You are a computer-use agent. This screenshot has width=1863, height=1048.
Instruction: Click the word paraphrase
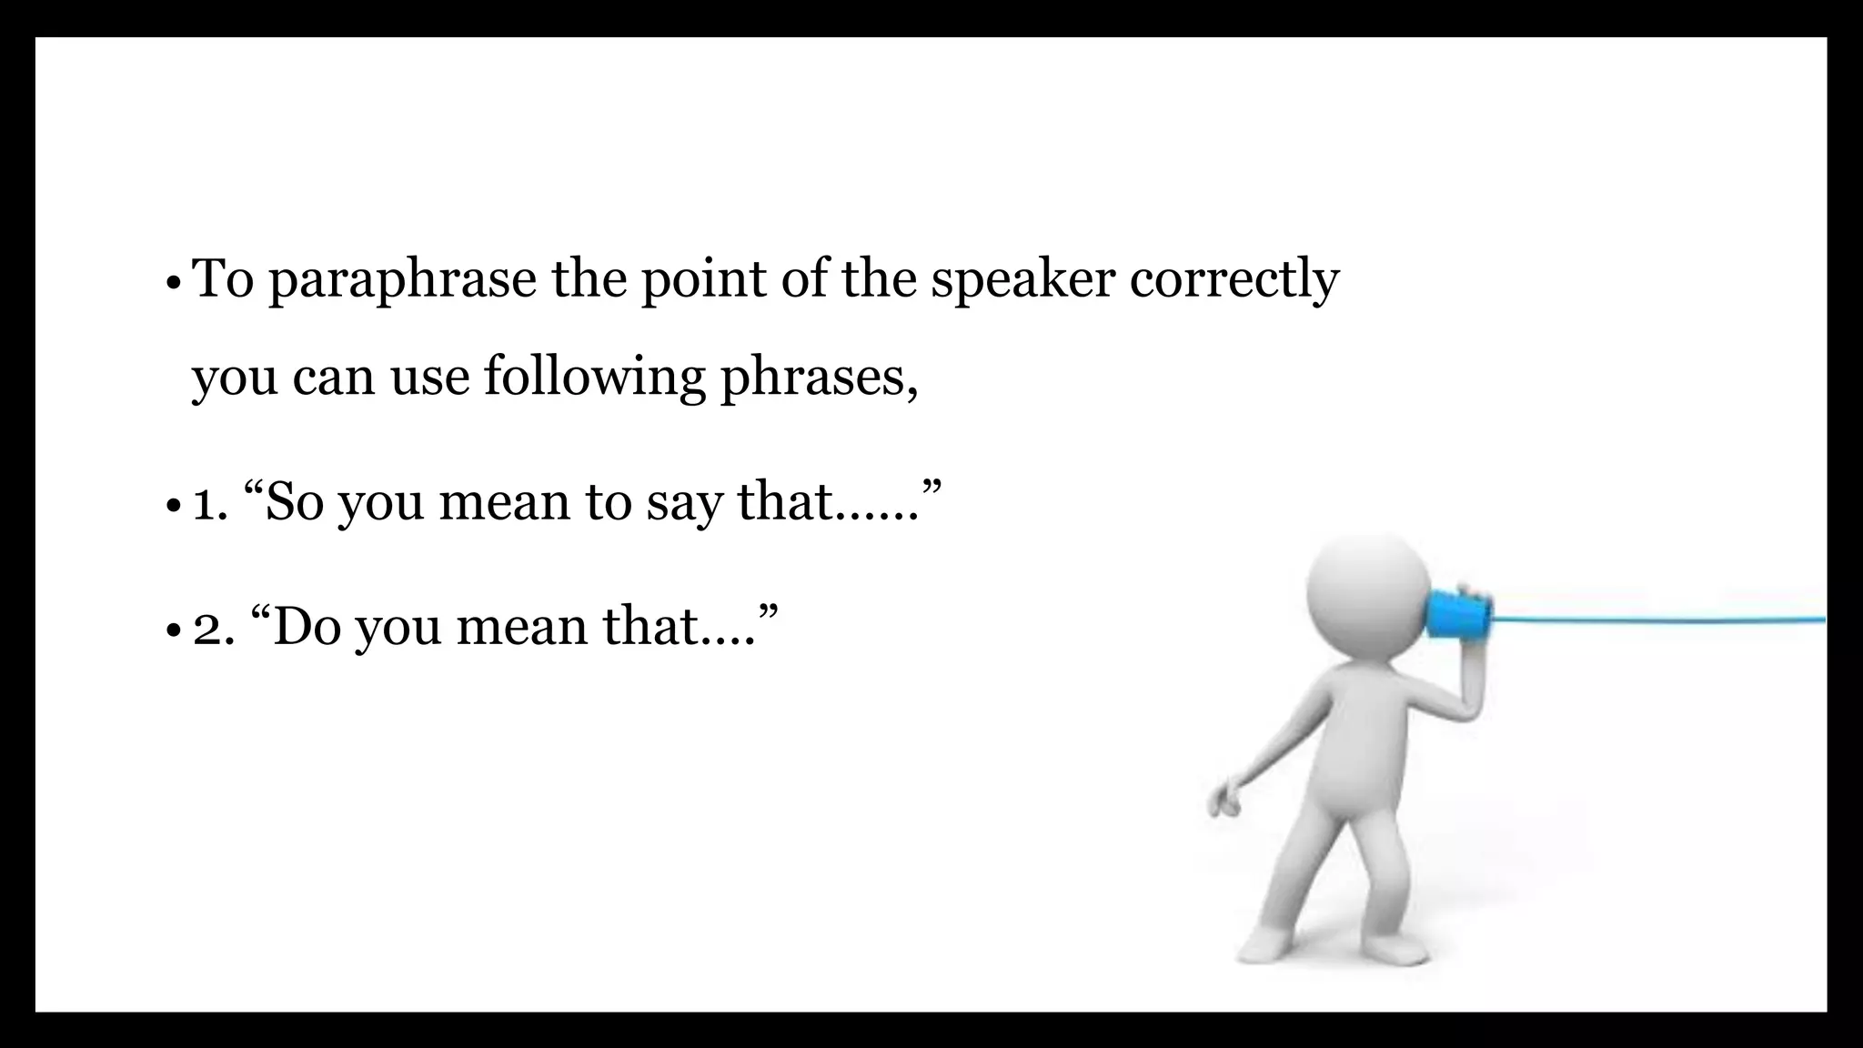pos(402,280)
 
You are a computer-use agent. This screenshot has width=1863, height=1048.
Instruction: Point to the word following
pos(594,377)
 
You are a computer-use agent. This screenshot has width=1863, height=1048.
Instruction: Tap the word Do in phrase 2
pos(306,627)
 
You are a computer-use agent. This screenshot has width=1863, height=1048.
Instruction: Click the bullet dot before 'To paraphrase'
pos(173,283)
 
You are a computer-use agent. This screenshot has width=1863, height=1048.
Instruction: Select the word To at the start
pos(223,278)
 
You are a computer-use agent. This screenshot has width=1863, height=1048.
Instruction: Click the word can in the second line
pos(333,378)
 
